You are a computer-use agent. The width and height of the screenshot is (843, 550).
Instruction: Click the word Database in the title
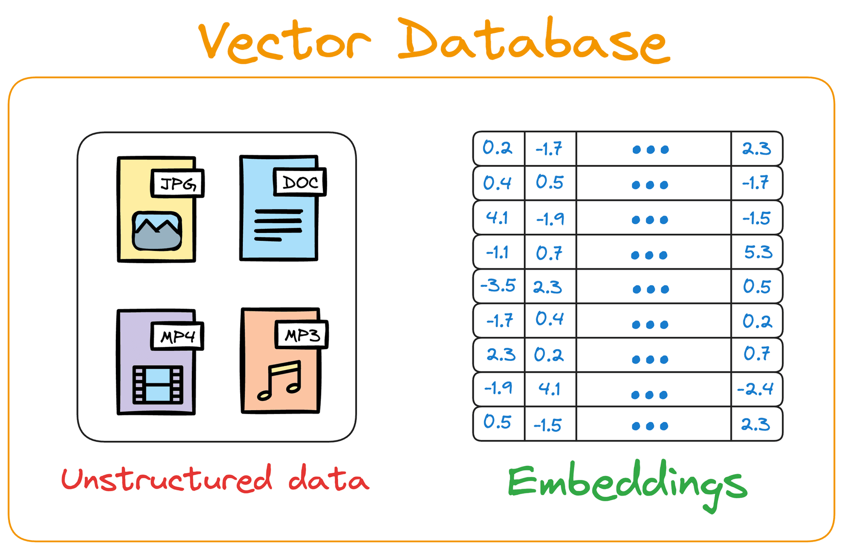[533, 42]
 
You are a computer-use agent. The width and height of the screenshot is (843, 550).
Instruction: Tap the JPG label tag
[177, 183]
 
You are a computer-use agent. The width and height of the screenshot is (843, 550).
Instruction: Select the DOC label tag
[300, 182]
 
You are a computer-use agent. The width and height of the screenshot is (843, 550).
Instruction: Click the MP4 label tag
[177, 336]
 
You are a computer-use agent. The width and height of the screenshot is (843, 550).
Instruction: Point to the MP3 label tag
[302, 335]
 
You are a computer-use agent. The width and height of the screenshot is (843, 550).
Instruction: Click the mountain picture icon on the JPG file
[157, 231]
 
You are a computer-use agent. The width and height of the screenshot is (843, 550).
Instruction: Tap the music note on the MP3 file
[281, 380]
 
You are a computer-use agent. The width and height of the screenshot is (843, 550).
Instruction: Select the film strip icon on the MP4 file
[158, 385]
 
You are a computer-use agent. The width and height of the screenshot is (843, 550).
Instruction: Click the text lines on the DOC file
[278, 225]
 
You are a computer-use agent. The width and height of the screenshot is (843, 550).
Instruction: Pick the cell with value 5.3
[757, 252]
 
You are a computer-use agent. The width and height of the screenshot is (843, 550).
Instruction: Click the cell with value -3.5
[498, 286]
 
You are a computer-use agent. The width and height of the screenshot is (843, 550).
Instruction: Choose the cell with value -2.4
[756, 389]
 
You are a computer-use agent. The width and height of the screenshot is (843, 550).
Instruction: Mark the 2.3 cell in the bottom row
[756, 424]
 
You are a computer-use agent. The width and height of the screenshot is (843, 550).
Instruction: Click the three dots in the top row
[651, 150]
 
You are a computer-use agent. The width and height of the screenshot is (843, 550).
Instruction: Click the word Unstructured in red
[167, 479]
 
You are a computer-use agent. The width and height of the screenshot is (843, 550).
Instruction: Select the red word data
[328, 479]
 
